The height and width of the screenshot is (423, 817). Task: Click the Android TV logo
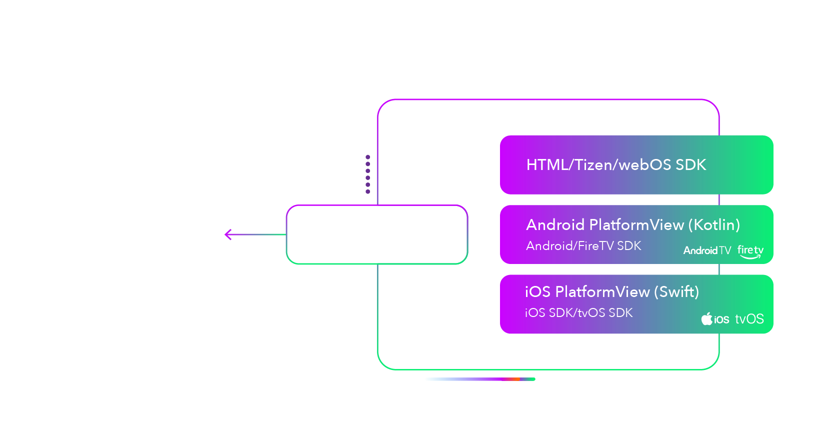(x=707, y=250)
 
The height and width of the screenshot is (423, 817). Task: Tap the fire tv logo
(x=750, y=251)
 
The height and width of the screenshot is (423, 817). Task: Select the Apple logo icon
(x=706, y=319)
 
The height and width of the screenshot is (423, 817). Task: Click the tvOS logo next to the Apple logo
(x=749, y=319)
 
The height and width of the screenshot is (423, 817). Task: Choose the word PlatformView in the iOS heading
(x=602, y=292)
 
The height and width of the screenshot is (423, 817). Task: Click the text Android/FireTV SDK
(x=583, y=246)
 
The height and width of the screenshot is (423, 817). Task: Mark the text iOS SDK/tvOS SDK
(x=578, y=313)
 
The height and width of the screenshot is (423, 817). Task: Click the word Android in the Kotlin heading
(x=555, y=225)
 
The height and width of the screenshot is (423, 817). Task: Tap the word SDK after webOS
(x=690, y=165)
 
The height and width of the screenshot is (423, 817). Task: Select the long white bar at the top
(x=600, y=67)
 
